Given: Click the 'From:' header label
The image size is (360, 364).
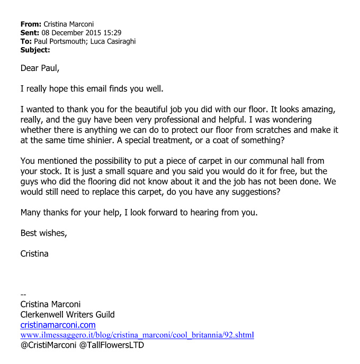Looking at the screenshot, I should coord(30,24).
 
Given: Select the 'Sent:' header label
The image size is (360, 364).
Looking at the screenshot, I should coord(30,33).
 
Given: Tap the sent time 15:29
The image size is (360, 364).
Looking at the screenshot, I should coord(111,33).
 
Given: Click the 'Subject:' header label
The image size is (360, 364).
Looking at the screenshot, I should coord(35,50).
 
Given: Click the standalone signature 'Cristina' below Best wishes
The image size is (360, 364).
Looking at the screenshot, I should coord(34,253).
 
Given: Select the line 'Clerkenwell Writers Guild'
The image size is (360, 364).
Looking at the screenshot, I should coord(67,315).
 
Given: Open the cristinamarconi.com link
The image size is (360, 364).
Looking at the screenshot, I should coord(58,325).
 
